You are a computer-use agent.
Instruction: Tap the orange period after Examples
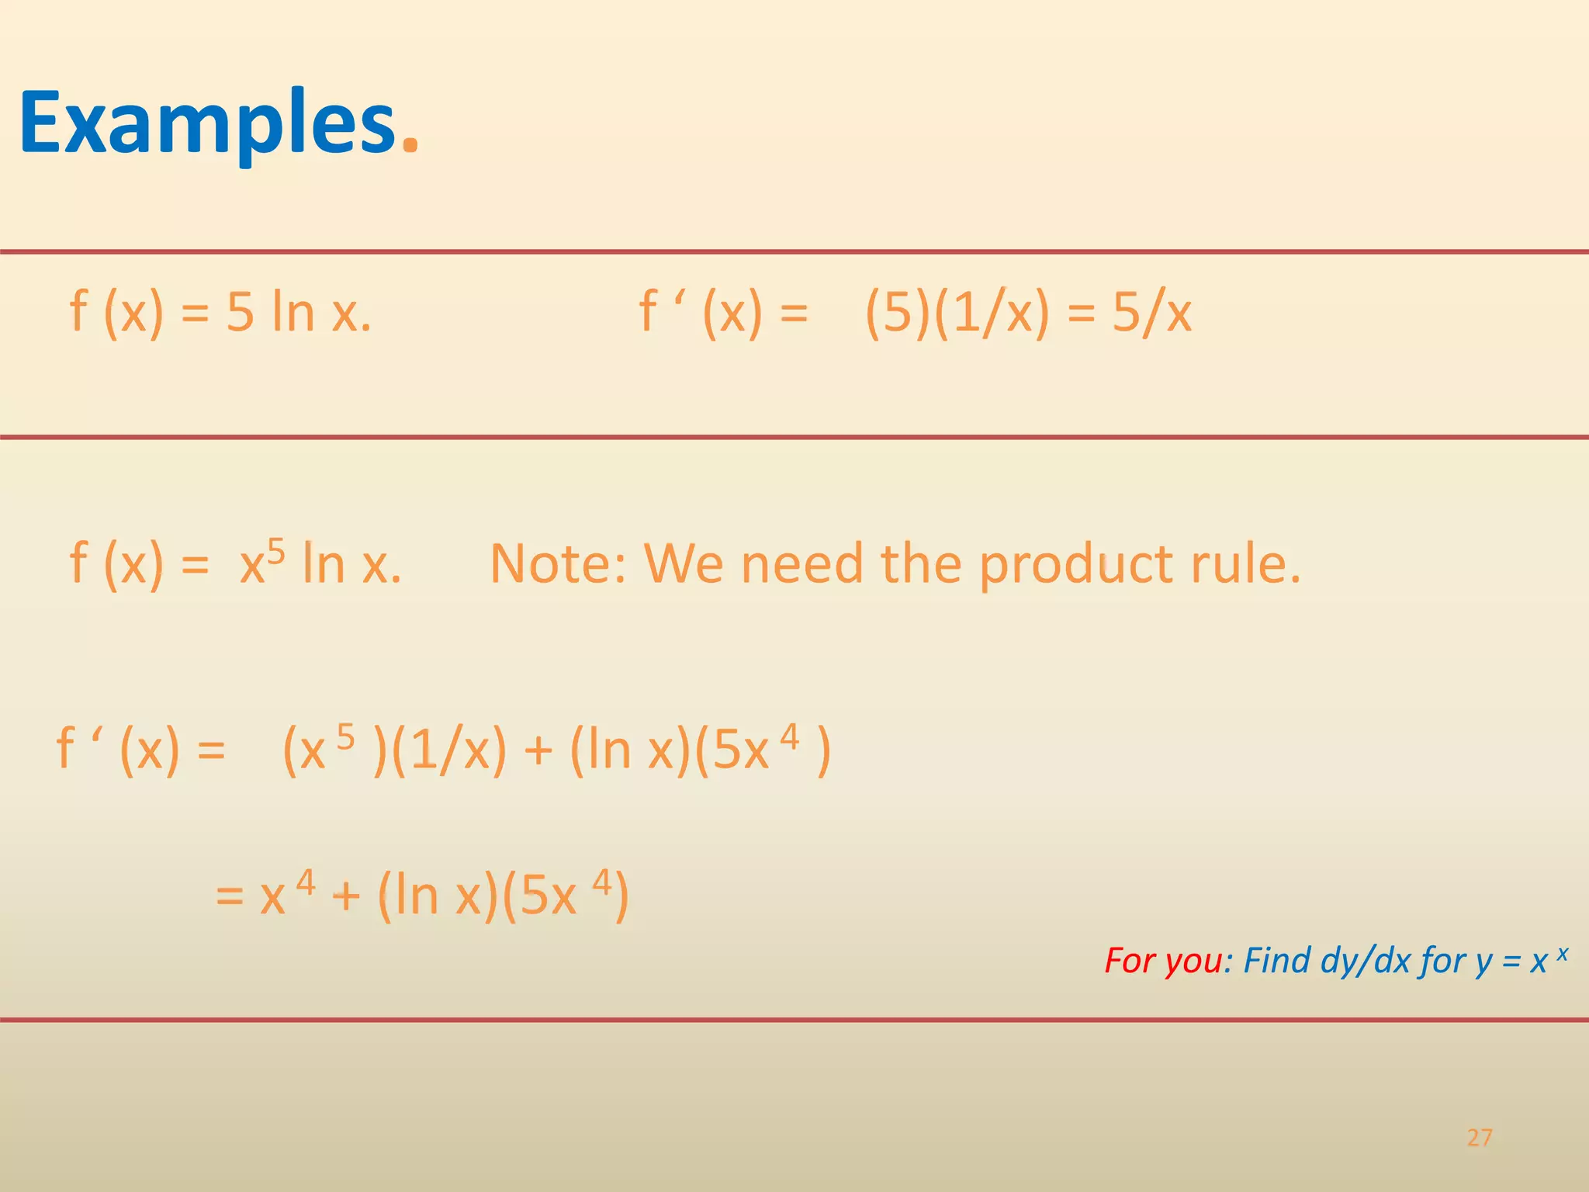pyautogui.click(x=410, y=144)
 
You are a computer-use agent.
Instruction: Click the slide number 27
pyautogui.click(x=1480, y=1138)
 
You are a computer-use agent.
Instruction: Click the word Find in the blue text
pyautogui.click(x=1276, y=961)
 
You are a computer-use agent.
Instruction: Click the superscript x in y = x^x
pyautogui.click(x=1562, y=953)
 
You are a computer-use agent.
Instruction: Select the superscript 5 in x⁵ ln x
pyautogui.click(x=276, y=552)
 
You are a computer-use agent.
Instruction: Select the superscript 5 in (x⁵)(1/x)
pyautogui.click(x=345, y=737)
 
